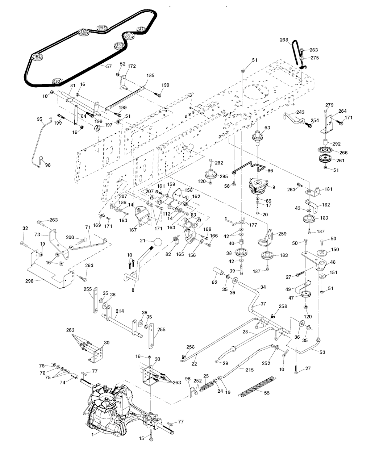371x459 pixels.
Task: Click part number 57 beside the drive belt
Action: click(109, 66)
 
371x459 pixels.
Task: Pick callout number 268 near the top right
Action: click(284, 40)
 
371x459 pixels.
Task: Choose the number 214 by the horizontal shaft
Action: click(120, 311)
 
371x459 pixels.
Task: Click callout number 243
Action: click(300, 112)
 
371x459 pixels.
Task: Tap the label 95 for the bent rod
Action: click(39, 119)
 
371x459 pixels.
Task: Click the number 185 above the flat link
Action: click(150, 76)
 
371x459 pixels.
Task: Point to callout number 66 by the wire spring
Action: click(270, 170)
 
